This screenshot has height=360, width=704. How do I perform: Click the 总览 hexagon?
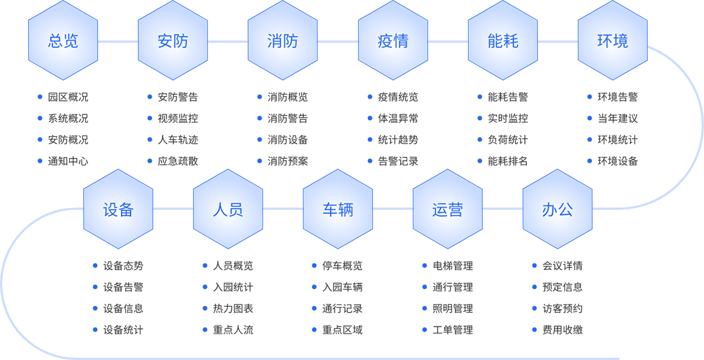(63, 42)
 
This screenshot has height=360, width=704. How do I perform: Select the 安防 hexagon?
(173, 42)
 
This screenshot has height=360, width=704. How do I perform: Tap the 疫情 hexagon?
(393, 42)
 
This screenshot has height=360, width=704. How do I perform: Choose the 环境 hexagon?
(612, 42)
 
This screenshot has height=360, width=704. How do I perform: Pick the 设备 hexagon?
(118, 210)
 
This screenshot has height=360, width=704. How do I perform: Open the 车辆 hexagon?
(338, 210)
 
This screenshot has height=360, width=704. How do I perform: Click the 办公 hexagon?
(557, 210)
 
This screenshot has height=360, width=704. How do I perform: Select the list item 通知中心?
(68, 161)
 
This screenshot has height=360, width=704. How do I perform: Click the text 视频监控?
(178, 118)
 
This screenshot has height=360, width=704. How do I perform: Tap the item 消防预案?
(287, 161)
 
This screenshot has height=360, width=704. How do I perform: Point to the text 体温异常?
(398, 118)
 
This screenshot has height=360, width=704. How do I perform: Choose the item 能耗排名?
(508, 161)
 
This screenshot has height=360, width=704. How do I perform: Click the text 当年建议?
(618, 118)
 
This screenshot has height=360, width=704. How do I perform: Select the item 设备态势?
(123, 266)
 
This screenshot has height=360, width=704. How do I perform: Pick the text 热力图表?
(233, 308)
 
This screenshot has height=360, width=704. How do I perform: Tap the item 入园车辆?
(343, 287)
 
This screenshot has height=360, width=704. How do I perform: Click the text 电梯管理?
(452, 266)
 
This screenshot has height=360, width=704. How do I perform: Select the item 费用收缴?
(563, 330)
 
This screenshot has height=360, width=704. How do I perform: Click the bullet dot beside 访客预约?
(534, 308)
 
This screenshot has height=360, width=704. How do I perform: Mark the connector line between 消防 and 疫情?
(338, 42)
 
